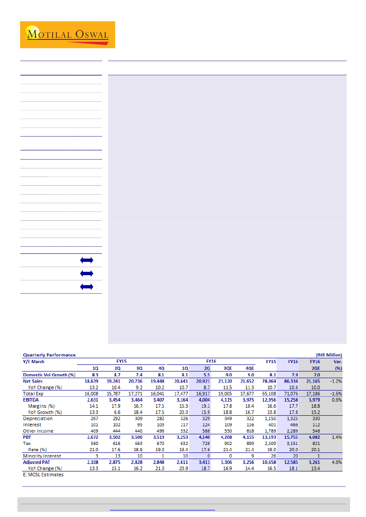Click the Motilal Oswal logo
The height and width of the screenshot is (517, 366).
click(x=67, y=34)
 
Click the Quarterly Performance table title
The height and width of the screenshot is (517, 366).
click(x=49, y=355)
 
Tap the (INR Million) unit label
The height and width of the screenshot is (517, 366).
click(x=328, y=355)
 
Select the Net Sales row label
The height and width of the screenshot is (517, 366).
click(x=34, y=381)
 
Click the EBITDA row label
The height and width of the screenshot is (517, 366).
click(x=31, y=399)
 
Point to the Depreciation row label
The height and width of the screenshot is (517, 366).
click(x=38, y=418)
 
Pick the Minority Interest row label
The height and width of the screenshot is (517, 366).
click(x=42, y=456)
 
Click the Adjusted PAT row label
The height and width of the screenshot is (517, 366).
click(x=38, y=462)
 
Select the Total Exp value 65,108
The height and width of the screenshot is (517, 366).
click(x=269, y=393)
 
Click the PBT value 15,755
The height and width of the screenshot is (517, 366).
click(x=290, y=437)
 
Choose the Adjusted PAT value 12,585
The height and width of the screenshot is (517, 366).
click(x=290, y=462)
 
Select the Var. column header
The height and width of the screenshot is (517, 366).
click(x=337, y=361)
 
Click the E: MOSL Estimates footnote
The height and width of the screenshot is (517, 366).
click(x=43, y=475)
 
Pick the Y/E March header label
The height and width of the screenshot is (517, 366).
click(x=34, y=361)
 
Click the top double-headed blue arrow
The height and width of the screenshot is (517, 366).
click(x=87, y=260)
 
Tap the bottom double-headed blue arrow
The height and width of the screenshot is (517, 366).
click(x=87, y=287)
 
